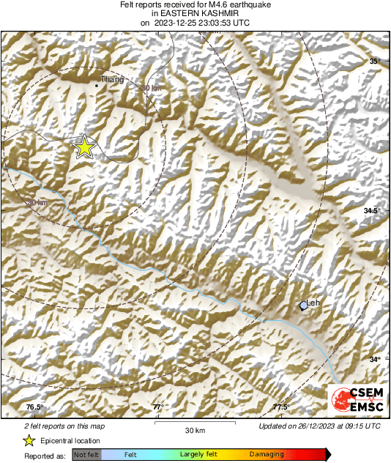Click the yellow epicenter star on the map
click(85, 147)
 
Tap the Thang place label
click(111, 79)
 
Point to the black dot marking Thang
click(96, 86)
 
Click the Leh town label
click(313, 303)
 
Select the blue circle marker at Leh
click(303, 306)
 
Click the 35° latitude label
click(375, 62)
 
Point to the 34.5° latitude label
click(372, 211)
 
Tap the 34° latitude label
click(374, 360)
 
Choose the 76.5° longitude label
click(34, 407)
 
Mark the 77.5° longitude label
click(280, 407)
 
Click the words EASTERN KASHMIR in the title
click(195, 13)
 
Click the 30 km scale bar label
click(194, 429)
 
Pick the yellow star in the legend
click(29, 440)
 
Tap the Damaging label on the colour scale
click(267, 455)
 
